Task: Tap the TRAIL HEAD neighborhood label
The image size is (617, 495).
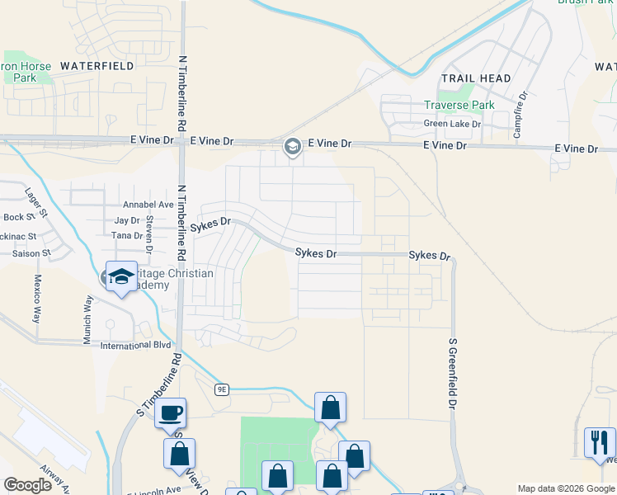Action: coord(476,78)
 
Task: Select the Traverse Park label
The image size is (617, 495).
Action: coord(459,106)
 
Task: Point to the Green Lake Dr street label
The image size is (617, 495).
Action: coord(452,125)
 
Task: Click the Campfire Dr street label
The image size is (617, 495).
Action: coord(520,115)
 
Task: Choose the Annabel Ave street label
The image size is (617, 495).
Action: coord(148,205)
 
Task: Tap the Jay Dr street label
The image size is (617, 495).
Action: coord(128,221)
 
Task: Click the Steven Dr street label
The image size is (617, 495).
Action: coord(149,234)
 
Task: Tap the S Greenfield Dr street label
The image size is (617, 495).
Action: coord(452,374)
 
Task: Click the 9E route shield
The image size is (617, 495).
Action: coord(221,389)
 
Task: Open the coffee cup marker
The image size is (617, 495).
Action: coord(170,413)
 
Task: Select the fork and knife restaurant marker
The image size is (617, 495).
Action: coord(600,441)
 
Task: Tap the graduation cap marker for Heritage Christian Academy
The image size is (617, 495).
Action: coord(121,277)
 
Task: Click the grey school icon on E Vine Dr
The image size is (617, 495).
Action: coord(292,147)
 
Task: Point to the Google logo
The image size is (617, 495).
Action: coord(27,485)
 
